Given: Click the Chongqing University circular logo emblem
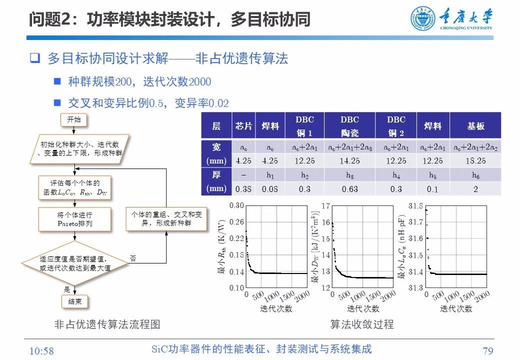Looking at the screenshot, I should (x=423, y=19).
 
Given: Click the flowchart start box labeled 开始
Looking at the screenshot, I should (x=73, y=119).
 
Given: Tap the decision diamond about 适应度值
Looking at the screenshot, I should (x=75, y=263).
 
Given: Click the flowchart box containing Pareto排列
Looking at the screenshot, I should (x=74, y=219).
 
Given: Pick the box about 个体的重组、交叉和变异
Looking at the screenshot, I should (x=166, y=219).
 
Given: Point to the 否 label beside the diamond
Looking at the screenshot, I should (x=132, y=258).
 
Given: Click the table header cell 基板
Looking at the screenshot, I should (x=475, y=126).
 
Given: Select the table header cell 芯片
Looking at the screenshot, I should (x=243, y=126).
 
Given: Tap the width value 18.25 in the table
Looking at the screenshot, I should (x=475, y=161).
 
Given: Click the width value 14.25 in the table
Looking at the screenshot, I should (x=349, y=161).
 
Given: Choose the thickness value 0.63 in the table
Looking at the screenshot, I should (x=349, y=189).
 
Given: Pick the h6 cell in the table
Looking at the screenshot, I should (x=475, y=175).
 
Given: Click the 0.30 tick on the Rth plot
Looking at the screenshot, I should (x=237, y=205).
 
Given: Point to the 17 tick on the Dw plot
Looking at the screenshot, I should (x=326, y=205).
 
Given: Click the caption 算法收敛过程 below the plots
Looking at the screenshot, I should (x=362, y=324).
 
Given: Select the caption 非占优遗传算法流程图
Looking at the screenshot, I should (x=107, y=324).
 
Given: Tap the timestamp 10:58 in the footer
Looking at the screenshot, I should (x=42, y=350).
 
